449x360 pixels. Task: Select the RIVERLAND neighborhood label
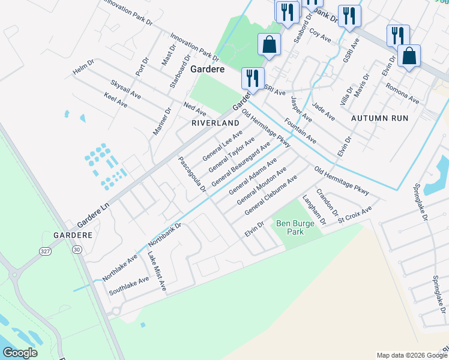click(x=211, y=122)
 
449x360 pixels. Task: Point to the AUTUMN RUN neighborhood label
click(x=379, y=118)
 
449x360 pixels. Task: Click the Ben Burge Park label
click(x=291, y=227)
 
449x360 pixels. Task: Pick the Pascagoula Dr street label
click(x=192, y=175)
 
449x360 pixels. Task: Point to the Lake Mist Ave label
click(x=157, y=272)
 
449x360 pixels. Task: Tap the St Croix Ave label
click(x=355, y=215)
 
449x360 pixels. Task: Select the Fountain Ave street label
click(x=301, y=131)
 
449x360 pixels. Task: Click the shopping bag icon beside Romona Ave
click(x=409, y=56)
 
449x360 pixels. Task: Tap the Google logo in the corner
click(x=20, y=353)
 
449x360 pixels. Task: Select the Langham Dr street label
click(x=314, y=210)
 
